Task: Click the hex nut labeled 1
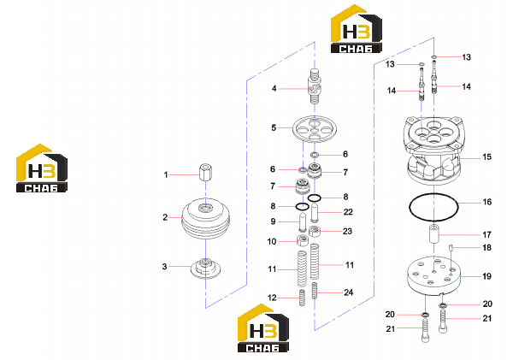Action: (x=205, y=172)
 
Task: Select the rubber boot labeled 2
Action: (x=205, y=218)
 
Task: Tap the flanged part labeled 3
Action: (x=205, y=269)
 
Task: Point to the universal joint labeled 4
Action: (x=315, y=86)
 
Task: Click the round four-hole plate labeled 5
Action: (x=315, y=129)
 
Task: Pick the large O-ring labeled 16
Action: (x=433, y=208)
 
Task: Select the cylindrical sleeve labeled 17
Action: (x=433, y=234)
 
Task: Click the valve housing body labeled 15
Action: (x=433, y=150)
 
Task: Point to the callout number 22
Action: (x=348, y=212)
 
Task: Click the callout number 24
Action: (x=349, y=292)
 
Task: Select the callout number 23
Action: (x=347, y=232)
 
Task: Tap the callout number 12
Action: (x=272, y=298)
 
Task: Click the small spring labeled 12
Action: (x=303, y=298)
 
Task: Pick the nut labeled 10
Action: (x=303, y=240)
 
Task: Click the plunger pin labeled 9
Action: (x=303, y=221)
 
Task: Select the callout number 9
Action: (x=274, y=221)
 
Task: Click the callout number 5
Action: (x=274, y=127)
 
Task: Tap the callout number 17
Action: (x=486, y=234)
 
